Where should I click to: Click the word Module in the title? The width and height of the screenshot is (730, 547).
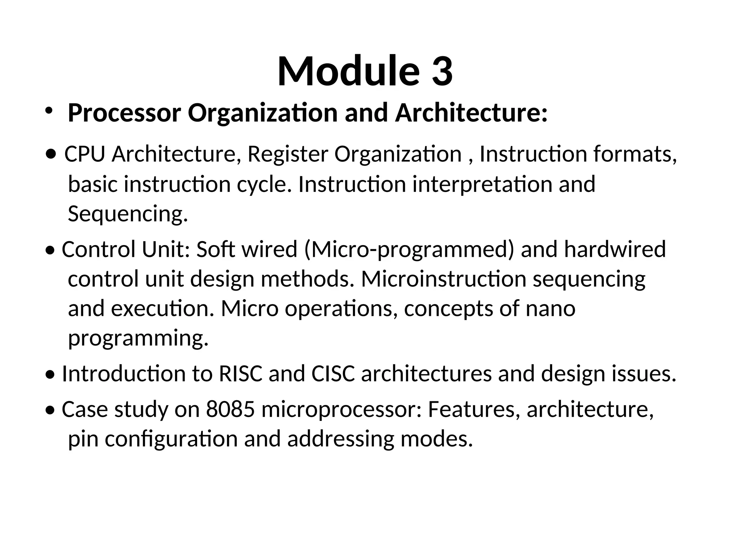pos(348,71)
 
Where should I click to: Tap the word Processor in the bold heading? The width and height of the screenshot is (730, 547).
pos(124,113)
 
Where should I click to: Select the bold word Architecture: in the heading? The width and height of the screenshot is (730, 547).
pos(471,113)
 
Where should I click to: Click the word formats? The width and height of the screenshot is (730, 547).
pos(635,154)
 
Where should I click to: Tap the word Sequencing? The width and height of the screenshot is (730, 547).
pos(128,214)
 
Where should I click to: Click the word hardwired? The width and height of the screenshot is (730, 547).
pos(615,249)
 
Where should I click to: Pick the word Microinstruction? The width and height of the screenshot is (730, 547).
pos(443,279)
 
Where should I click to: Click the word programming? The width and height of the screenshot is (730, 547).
pos(138,338)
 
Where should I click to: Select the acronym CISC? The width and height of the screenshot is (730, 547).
pos(333,374)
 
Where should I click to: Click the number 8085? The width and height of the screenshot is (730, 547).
pos(230,410)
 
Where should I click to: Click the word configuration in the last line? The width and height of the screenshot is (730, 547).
pos(171,439)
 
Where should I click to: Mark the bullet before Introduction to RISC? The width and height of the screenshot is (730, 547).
pos(51,375)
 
